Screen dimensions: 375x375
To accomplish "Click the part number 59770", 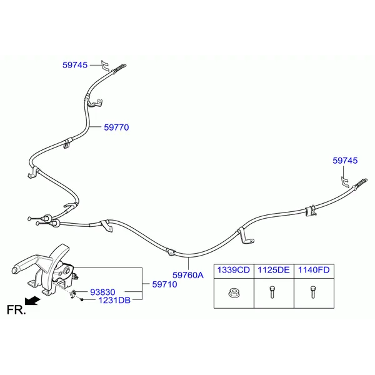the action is tap(116, 127).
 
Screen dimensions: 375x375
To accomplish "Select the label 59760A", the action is tap(188, 275).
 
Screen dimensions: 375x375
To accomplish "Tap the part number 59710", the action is tap(164, 284).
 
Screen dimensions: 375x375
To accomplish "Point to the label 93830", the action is tap(102, 292).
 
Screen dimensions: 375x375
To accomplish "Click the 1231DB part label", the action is tap(114, 300).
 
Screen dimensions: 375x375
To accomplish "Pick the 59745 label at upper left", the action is tap(75, 65).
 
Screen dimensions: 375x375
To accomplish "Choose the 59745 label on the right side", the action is tap(345, 161).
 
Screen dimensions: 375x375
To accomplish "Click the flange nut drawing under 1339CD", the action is tap(234, 293).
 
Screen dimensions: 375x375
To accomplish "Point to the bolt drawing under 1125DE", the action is tap(272, 292).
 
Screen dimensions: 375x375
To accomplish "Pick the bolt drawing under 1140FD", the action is tap(313, 292).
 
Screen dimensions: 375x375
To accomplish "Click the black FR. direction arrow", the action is tap(32, 301).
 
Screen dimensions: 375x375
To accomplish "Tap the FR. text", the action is tap(16, 310).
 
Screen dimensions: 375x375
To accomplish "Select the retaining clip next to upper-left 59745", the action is tap(105, 66).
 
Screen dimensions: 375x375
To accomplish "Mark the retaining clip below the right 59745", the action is tap(344, 182).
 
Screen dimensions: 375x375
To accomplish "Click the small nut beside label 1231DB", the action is tap(82, 299).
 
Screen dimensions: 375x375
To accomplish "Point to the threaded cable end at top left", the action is tap(119, 68).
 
